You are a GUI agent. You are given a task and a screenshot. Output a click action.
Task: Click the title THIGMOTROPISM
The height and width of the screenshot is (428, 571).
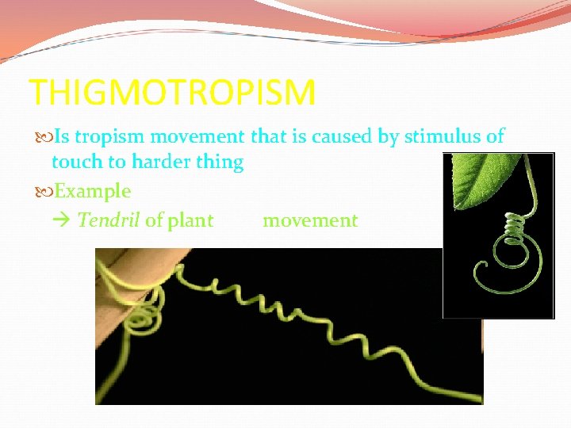tap(172, 93)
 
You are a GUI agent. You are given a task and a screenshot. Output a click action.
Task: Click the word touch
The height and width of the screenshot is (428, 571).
tap(77, 162)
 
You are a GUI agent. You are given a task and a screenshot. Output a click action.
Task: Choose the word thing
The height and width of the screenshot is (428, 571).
tap(219, 162)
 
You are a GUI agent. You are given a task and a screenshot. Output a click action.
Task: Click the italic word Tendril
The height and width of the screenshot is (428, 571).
tap(109, 220)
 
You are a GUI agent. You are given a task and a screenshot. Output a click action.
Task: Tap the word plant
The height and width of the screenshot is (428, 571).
tap(190, 221)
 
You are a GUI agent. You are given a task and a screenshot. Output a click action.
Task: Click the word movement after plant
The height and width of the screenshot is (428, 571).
tap(310, 220)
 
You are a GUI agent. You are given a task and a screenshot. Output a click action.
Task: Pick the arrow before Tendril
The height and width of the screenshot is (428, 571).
tap(65, 220)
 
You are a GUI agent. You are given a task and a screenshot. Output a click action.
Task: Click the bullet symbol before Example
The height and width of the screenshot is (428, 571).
tap(40, 191)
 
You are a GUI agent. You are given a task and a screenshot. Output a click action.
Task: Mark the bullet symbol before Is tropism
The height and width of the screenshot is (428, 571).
tap(40, 137)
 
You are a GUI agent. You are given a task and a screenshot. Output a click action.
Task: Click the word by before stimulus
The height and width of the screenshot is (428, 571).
tap(388, 137)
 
